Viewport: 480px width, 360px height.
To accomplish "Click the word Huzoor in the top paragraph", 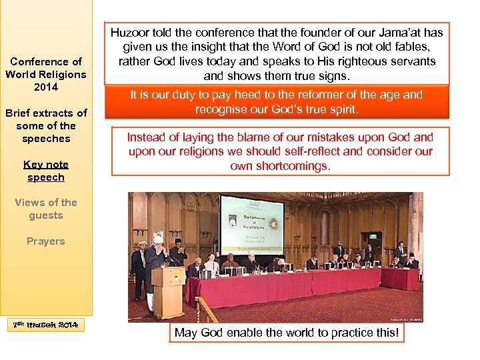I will (x=130, y=33).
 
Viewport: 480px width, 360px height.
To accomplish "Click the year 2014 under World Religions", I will (x=45, y=87).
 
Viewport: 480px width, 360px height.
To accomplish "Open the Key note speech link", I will (x=45, y=171).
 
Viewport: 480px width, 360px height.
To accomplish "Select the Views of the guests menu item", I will (x=45, y=209).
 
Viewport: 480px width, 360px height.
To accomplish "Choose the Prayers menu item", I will (x=45, y=241).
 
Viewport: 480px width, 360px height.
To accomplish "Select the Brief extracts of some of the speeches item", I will (x=45, y=125).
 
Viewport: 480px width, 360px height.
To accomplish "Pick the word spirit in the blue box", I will (x=343, y=109).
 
